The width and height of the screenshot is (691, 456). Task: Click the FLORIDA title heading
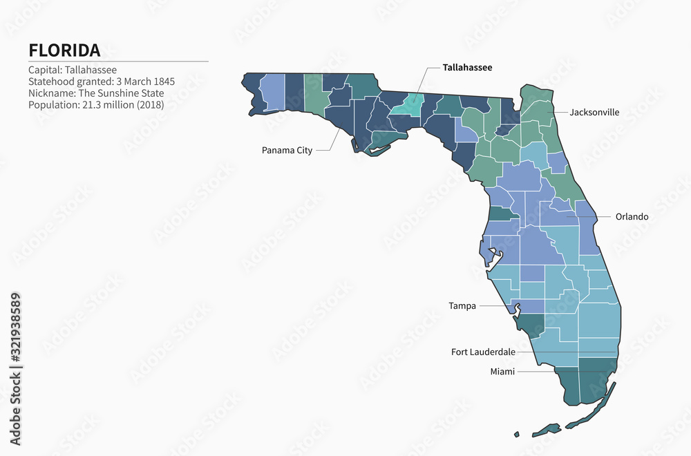(x=64, y=50)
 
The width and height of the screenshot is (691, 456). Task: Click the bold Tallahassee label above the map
(x=468, y=68)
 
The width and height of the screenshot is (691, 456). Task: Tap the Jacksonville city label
(x=594, y=112)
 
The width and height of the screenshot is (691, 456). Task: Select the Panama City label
(x=287, y=150)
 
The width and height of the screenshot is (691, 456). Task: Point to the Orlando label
(x=632, y=216)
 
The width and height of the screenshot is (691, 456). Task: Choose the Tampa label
(x=462, y=305)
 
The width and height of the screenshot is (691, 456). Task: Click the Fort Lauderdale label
(x=483, y=352)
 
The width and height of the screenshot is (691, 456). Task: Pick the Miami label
(x=502, y=372)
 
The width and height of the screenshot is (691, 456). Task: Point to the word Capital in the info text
(x=44, y=70)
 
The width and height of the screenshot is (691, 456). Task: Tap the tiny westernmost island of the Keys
(x=516, y=435)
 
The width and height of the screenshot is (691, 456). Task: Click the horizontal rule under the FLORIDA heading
(x=118, y=61)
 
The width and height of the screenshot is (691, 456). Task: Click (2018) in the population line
(x=149, y=105)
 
